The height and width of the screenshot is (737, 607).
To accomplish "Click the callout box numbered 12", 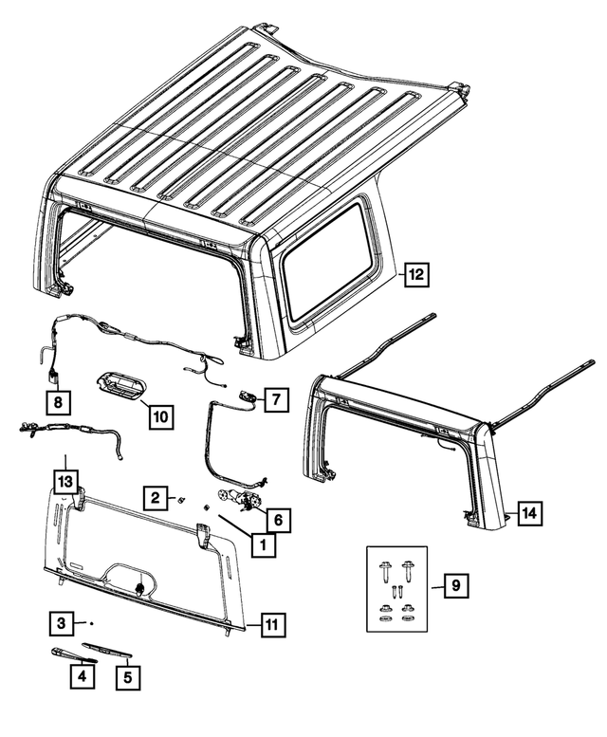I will [x=416, y=275].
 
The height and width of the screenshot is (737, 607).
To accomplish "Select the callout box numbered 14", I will [x=528, y=513].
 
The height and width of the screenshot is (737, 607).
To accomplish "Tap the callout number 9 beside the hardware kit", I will [x=455, y=587].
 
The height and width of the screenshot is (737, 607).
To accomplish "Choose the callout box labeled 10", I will [x=158, y=415].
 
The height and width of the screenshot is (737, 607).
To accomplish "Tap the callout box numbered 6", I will [x=279, y=519].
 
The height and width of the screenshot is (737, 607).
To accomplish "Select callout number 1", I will [x=256, y=545].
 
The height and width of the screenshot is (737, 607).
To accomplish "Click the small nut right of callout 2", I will [x=182, y=499].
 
